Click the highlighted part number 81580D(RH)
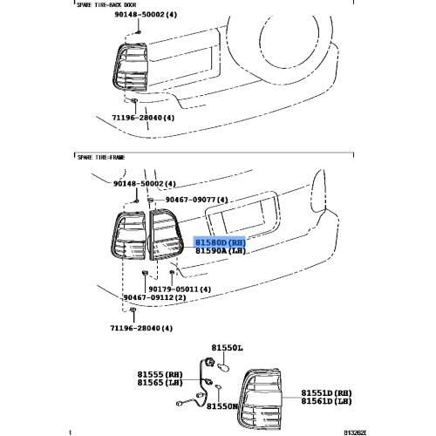[220, 242]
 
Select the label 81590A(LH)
[220, 251]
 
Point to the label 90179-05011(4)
[180, 290]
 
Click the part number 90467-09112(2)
[154, 298]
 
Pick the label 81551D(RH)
[326, 393]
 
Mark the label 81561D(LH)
[326, 402]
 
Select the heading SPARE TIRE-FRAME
[102, 156]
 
